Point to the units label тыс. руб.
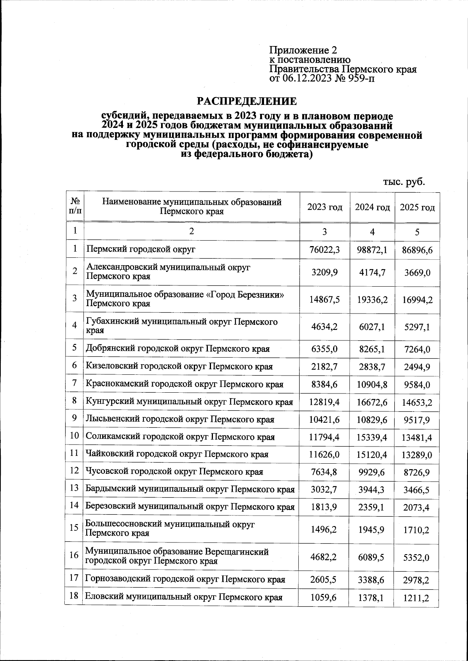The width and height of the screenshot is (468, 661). point(404,182)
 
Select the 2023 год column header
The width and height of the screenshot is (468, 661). point(325,207)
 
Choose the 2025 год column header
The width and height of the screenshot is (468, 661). point(417,207)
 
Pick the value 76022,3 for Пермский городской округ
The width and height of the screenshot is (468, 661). point(325,250)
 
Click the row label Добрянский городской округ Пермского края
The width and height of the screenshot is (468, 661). point(177,349)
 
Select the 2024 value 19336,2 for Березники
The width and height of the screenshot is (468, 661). point(372,299)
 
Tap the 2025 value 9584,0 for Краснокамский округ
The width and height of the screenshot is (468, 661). point(417,385)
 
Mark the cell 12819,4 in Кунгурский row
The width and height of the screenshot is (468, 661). point(325,402)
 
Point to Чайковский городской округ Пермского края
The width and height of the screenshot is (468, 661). point(177,454)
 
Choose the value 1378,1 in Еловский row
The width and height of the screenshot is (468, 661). point(372,598)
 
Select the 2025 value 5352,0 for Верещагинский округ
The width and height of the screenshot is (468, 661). point(417,558)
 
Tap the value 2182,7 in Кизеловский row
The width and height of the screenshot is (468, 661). point(325,367)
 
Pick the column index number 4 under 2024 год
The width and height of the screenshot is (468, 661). point(372,232)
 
